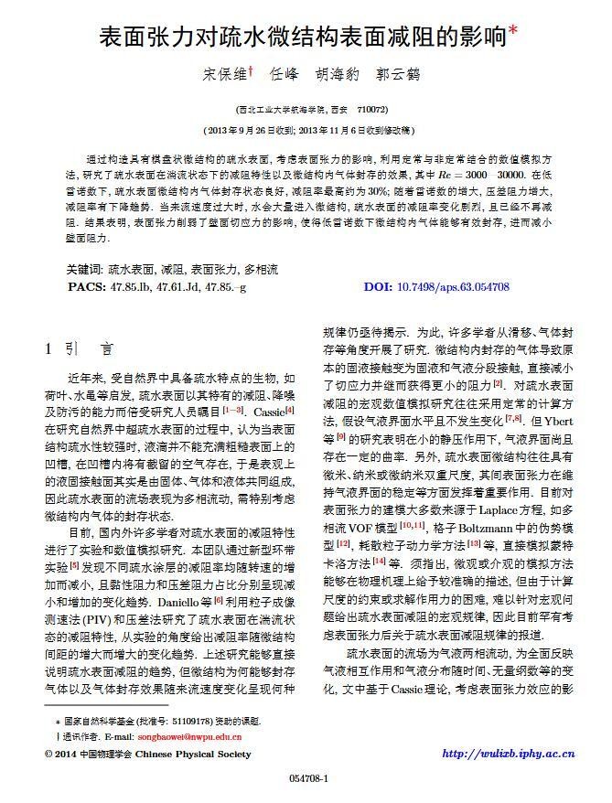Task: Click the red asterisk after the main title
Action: (x=513, y=32)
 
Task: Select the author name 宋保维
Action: (x=223, y=74)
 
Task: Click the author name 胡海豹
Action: (x=338, y=74)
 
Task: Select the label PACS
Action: (x=87, y=286)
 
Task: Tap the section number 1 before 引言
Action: (x=49, y=348)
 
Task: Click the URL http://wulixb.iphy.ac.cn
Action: (x=508, y=755)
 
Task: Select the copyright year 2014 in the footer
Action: (x=67, y=755)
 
